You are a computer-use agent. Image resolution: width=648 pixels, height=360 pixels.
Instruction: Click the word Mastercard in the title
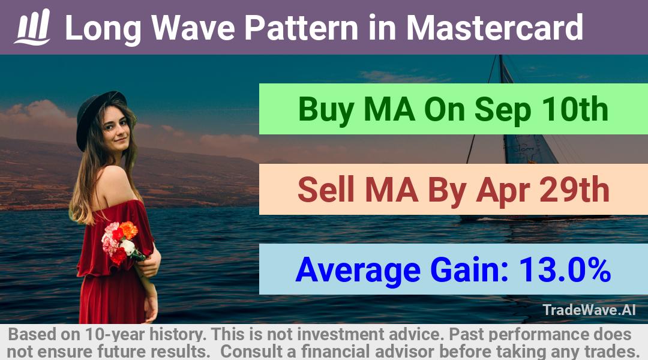(x=494, y=28)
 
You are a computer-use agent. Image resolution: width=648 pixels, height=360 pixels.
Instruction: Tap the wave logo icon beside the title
(x=32, y=27)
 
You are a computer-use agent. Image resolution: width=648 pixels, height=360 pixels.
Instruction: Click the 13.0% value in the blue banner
(x=565, y=269)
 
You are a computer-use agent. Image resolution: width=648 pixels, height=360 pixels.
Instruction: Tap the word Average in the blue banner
(x=358, y=271)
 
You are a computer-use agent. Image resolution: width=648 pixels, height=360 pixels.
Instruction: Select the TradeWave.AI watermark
(x=589, y=310)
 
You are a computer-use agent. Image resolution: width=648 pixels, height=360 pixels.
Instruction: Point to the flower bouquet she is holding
(x=121, y=243)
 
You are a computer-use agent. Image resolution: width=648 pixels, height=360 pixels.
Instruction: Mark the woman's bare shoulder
(x=112, y=182)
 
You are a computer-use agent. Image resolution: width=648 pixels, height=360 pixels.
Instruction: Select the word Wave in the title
(x=193, y=28)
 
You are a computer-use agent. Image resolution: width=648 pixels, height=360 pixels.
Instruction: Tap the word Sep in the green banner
(x=502, y=110)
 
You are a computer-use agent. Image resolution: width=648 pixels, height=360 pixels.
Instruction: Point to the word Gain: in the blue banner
(x=469, y=270)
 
